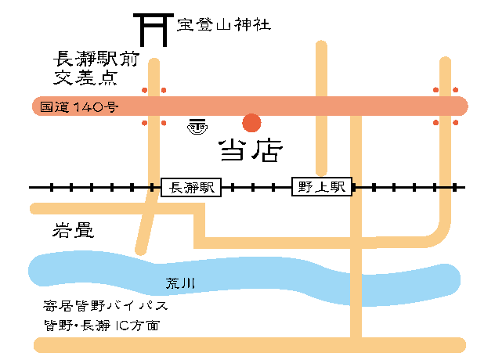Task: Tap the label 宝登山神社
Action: pyautogui.click(x=224, y=24)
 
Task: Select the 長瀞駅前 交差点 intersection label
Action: pyautogui.click(x=85, y=67)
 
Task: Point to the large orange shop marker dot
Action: pyautogui.click(x=251, y=123)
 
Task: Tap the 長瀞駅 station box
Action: pyautogui.click(x=192, y=187)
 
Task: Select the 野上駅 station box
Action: pyautogui.click(x=321, y=187)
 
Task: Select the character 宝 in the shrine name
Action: pyautogui.click(x=185, y=24)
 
